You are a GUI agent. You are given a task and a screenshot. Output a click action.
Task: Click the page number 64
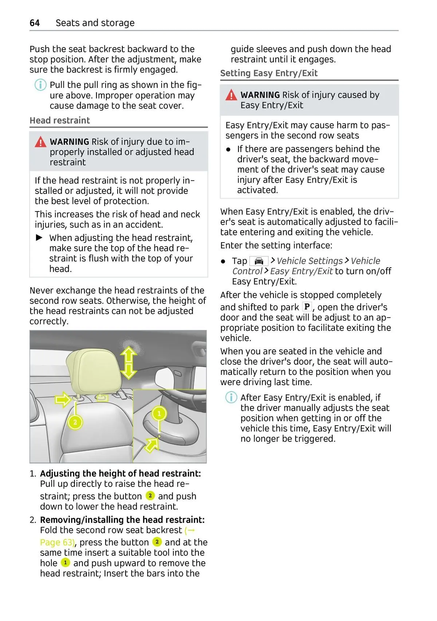pyautogui.click(x=35, y=23)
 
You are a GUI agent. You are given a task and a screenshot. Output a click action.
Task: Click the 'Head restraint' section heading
pyautogui.click(x=60, y=120)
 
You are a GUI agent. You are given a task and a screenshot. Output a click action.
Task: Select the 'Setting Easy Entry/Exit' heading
pyautogui.click(x=269, y=73)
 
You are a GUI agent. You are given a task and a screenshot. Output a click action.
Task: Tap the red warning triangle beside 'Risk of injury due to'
pyautogui.click(x=40, y=142)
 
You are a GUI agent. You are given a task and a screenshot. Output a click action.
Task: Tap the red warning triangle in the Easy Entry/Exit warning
pyautogui.click(x=231, y=95)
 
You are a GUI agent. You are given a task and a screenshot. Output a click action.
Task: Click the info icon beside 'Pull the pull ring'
pyautogui.click(x=40, y=85)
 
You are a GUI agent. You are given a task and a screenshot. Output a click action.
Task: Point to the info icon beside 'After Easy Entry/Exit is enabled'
pyautogui.click(x=231, y=397)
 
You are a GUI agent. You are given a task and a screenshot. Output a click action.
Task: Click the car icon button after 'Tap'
pyautogui.click(x=259, y=261)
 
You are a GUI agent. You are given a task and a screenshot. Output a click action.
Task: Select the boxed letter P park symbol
pyautogui.click(x=307, y=307)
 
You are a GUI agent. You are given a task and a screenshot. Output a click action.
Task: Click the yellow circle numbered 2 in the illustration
pyautogui.click(x=75, y=422)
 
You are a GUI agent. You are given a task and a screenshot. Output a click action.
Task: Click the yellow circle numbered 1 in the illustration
pyautogui.click(x=159, y=413)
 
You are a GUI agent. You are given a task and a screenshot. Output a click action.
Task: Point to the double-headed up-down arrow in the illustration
pyautogui.click(x=129, y=363)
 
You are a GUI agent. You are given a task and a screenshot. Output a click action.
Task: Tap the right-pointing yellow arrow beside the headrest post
pyautogui.click(x=63, y=400)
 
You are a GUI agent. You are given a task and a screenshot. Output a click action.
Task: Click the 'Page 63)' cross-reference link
pyautogui.click(x=57, y=542)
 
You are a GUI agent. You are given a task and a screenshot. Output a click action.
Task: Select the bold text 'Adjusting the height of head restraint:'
pyautogui.click(x=120, y=473)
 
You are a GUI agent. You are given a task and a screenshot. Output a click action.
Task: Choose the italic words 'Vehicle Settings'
pyautogui.click(x=310, y=261)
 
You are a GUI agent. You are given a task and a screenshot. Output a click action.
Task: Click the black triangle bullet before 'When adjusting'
pyautogui.click(x=39, y=238)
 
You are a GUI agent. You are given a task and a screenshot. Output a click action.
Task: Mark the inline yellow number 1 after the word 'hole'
pyautogui.click(x=65, y=563)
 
